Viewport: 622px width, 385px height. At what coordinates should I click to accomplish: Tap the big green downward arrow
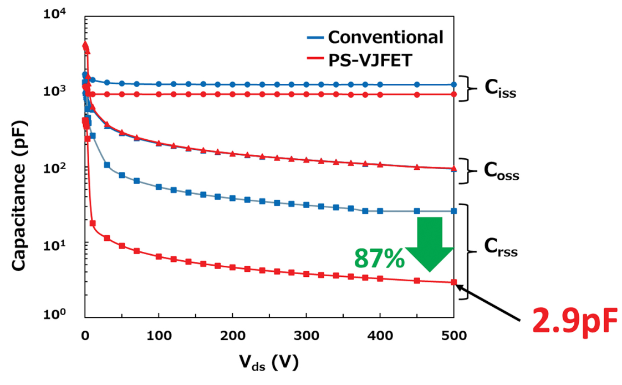[430, 243]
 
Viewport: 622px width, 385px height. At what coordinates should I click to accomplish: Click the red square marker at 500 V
[453, 282]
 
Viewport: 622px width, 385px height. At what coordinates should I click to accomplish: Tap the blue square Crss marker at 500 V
[453, 211]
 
